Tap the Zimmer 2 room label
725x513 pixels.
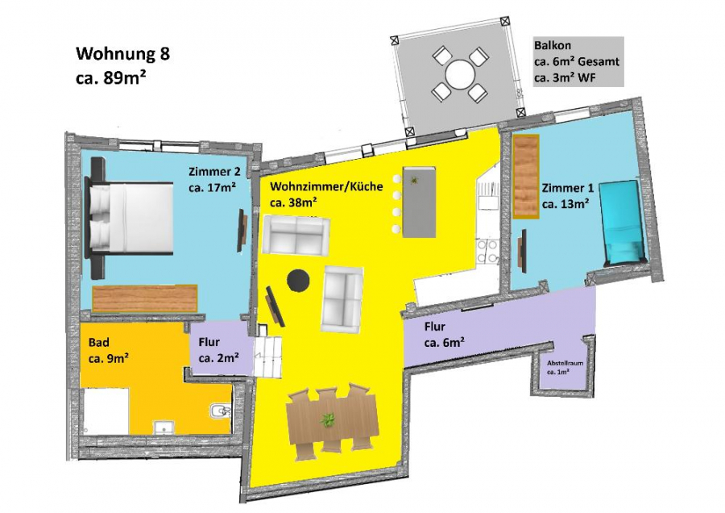click(214, 180)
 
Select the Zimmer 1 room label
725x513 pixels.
click(567, 195)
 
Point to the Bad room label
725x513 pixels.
click(108, 350)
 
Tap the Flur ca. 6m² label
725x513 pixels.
click(445, 334)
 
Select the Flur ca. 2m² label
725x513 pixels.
click(218, 350)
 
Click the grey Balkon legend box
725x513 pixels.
click(578, 61)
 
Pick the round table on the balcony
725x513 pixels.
click(459, 74)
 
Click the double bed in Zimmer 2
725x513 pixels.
click(129, 218)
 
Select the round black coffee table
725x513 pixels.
click(298, 280)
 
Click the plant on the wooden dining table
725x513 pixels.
click(328, 420)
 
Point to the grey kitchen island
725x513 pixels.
click(419, 202)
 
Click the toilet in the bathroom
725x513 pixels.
click(220, 411)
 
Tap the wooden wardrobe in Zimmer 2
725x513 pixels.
click(145, 298)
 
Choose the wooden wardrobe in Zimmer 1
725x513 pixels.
click(526, 177)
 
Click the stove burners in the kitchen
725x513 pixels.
click(487, 252)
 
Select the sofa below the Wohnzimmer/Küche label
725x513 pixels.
click(296, 236)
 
